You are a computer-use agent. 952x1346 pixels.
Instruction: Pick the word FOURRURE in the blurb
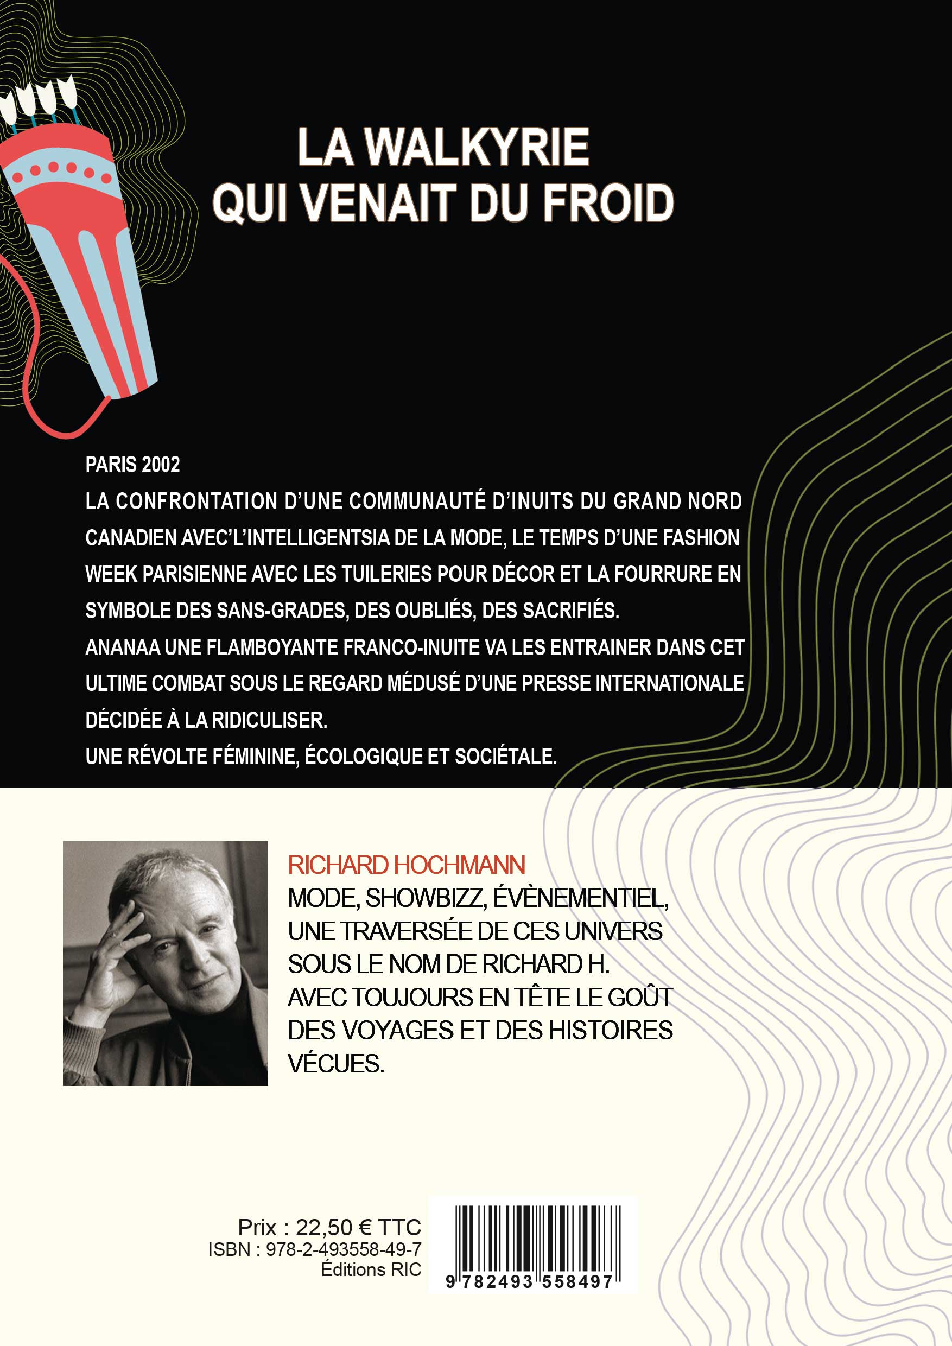pyautogui.click(x=656, y=574)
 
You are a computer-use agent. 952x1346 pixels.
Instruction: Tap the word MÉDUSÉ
pyautogui.click(x=422, y=683)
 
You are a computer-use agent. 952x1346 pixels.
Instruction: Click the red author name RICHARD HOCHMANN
pyautogui.click(x=406, y=865)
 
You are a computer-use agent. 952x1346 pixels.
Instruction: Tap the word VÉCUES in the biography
pyautogui.click(x=336, y=1064)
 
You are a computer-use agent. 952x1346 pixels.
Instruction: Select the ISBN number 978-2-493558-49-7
pyautogui.click(x=344, y=1249)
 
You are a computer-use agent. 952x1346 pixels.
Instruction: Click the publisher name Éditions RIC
pyautogui.click(x=371, y=1269)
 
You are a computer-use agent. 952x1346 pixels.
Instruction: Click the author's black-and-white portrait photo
pyautogui.click(x=166, y=963)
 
